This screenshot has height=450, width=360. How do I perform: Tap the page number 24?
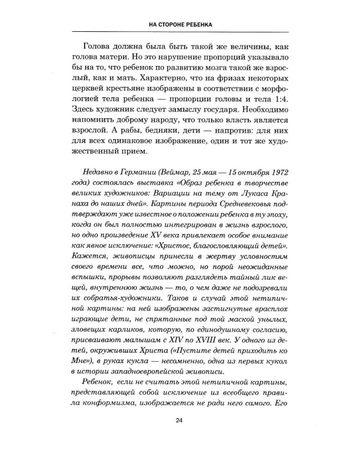tap(180, 420)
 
